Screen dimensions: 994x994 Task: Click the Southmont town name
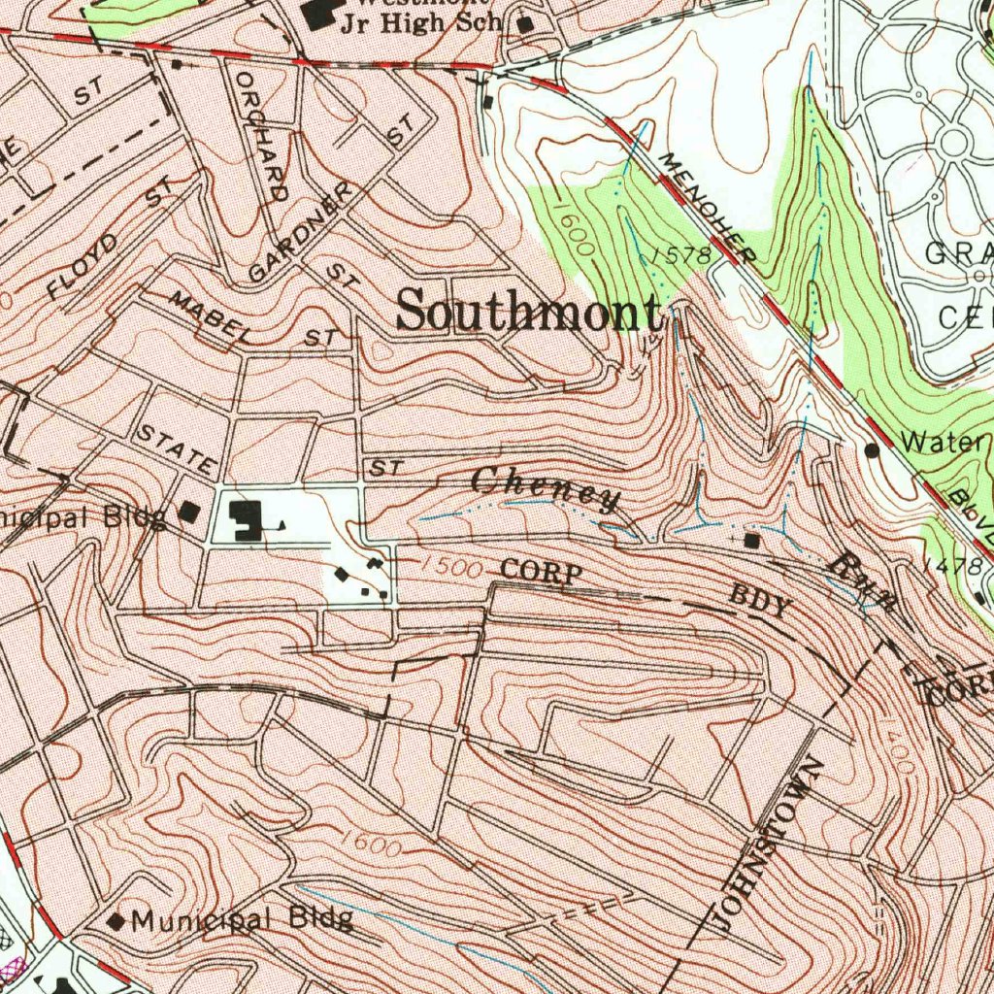coord(530,313)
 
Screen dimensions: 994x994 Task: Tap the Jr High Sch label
coord(420,24)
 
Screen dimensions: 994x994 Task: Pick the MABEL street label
coord(206,315)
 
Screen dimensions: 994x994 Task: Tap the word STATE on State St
coord(175,446)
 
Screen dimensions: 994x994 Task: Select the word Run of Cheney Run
coord(863,580)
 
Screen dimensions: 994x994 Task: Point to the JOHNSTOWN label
coord(767,843)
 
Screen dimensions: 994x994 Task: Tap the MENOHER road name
coord(707,207)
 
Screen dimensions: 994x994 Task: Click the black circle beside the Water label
coord(872,449)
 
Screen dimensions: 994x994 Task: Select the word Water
coord(940,443)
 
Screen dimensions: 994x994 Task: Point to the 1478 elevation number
coord(953,565)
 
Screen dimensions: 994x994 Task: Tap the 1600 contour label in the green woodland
coord(577,228)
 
